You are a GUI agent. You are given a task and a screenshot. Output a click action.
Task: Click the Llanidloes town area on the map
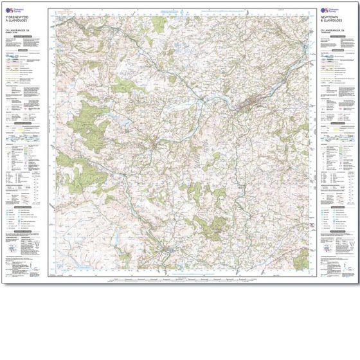(x=154, y=143)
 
